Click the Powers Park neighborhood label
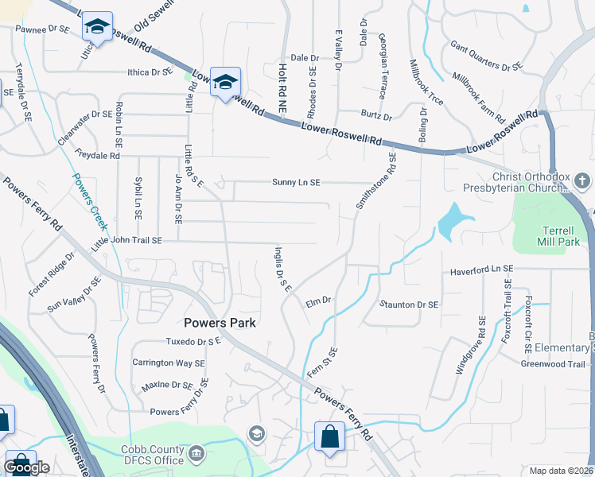click(x=220, y=323)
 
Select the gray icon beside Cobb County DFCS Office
click(x=197, y=454)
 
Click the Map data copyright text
click(x=561, y=471)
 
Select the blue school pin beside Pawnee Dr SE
click(x=98, y=28)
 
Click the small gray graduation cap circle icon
click(x=256, y=433)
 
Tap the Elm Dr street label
click(x=318, y=301)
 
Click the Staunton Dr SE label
click(x=409, y=304)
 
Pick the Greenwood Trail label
click(x=551, y=364)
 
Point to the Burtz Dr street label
click(x=376, y=117)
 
